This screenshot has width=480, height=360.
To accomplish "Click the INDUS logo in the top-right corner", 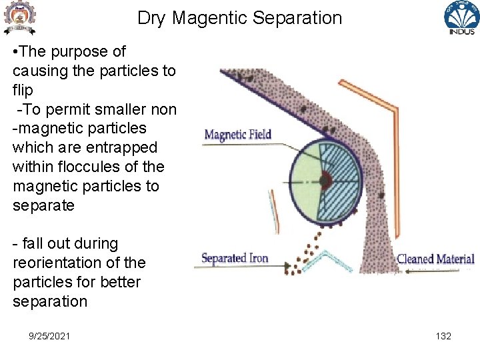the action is click(x=461, y=18).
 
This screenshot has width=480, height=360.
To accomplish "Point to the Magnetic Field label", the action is click(x=237, y=135).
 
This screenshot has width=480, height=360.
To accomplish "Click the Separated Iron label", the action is click(x=234, y=258).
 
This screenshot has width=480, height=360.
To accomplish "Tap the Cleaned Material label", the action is click(x=435, y=259).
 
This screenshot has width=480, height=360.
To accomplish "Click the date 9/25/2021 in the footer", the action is click(x=49, y=336).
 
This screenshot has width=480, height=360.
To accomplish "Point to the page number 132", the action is click(x=443, y=336).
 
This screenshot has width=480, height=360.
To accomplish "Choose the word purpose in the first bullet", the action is click(x=80, y=51).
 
